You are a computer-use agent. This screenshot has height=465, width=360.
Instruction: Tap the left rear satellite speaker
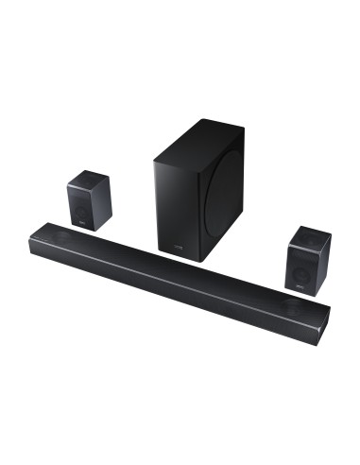[89, 198]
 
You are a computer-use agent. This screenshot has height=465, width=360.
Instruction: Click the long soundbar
[180, 274]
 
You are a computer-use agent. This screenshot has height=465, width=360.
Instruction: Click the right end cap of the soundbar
[324, 322]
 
